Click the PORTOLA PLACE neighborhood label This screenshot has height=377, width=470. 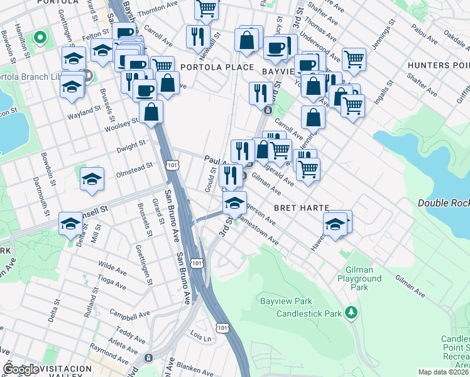[x=217, y=67]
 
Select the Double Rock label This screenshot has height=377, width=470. [x=444, y=202]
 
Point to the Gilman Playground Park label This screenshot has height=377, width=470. [x=359, y=278]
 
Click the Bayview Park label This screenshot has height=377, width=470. [x=282, y=301]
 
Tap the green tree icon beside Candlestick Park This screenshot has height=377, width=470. [x=353, y=312]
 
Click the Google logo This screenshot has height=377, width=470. [x=21, y=369]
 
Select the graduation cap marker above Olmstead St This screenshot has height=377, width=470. [x=92, y=179]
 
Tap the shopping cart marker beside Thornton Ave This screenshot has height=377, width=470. [x=206, y=9]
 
